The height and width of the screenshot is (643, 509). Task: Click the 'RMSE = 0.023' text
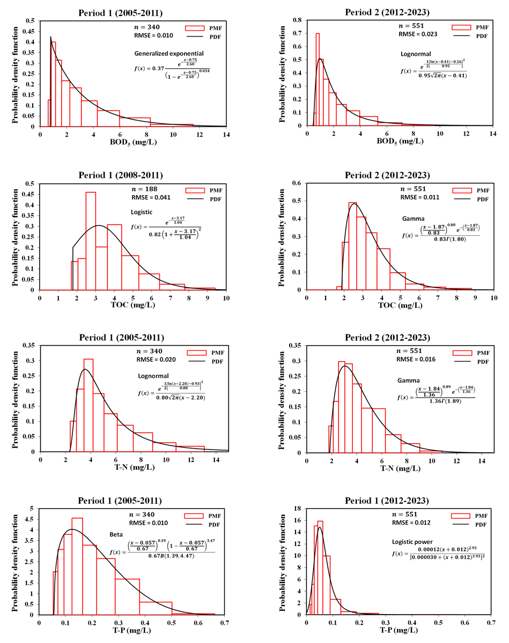coord(422,34)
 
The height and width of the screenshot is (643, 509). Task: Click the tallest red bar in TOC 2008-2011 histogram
coord(91,241)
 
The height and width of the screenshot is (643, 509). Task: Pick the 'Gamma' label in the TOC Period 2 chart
coord(412,219)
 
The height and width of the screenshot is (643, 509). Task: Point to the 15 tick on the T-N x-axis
coord(228,459)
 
